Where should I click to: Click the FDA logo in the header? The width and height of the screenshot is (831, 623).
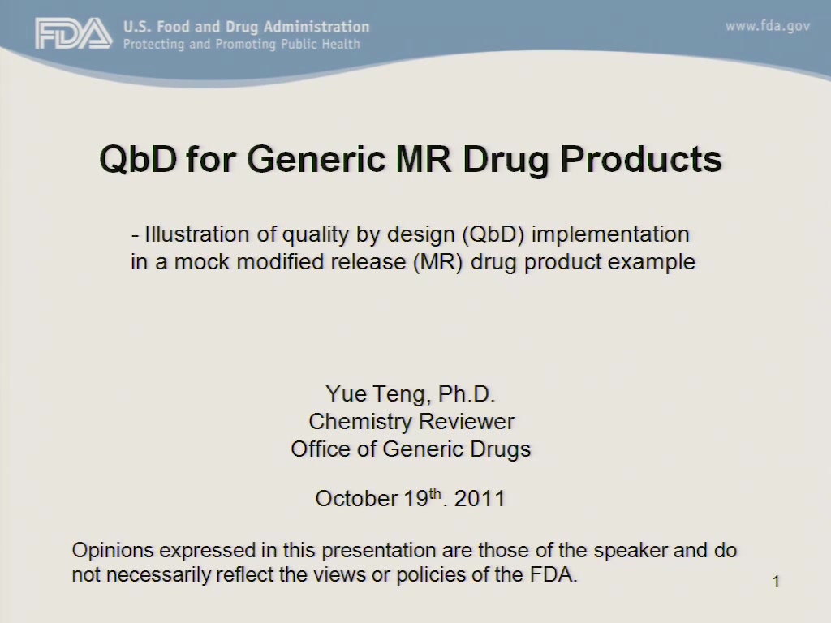[x=74, y=33]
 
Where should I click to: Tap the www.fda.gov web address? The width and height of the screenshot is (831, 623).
[x=768, y=27]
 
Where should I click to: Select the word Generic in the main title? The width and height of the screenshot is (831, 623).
[x=316, y=159]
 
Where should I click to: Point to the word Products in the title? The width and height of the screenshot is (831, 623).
[x=641, y=159]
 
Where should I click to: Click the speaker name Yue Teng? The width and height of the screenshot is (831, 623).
[x=375, y=394]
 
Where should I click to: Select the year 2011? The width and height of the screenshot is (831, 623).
[x=480, y=499]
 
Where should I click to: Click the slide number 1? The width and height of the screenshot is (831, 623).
[x=776, y=582]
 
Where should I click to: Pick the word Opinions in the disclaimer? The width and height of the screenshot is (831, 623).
[x=112, y=551]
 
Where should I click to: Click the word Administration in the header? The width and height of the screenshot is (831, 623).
[x=316, y=27]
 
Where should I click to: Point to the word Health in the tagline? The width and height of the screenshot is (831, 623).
[x=341, y=44]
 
